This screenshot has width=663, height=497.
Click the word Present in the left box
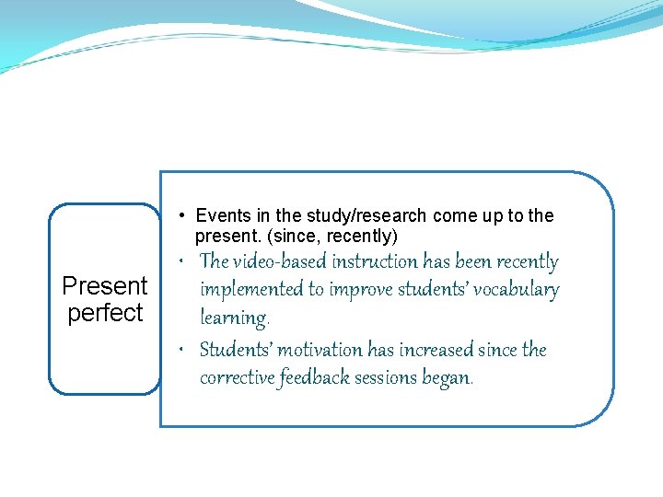click(104, 286)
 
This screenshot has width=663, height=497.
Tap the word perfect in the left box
click(105, 313)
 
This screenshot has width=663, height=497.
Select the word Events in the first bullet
click(224, 216)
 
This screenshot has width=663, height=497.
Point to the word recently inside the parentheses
click(360, 237)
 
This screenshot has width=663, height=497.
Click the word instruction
click(373, 262)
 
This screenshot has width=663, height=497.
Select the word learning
click(233, 318)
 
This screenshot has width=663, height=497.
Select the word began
click(448, 378)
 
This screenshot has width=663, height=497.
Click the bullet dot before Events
click(185, 216)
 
